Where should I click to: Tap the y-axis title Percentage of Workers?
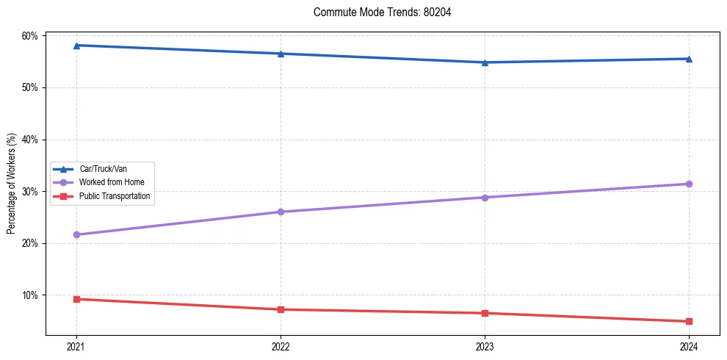coord(12,183)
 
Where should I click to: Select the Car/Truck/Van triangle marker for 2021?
coord(76,46)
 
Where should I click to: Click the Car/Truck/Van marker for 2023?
coord(485,62)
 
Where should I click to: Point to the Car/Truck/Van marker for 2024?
coord(689,59)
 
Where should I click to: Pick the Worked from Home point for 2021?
coord(76,234)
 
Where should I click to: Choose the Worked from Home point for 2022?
coord(281,212)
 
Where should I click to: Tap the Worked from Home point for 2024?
coord(689,184)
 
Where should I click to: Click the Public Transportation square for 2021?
coord(76,299)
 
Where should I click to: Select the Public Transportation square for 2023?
coord(485,313)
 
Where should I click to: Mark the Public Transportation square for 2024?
coord(689,321)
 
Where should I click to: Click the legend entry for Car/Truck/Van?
coord(103,169)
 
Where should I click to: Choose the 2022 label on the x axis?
coord(281,346)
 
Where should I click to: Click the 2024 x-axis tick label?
coord(689,346)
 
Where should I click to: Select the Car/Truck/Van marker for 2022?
coord(281,54)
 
